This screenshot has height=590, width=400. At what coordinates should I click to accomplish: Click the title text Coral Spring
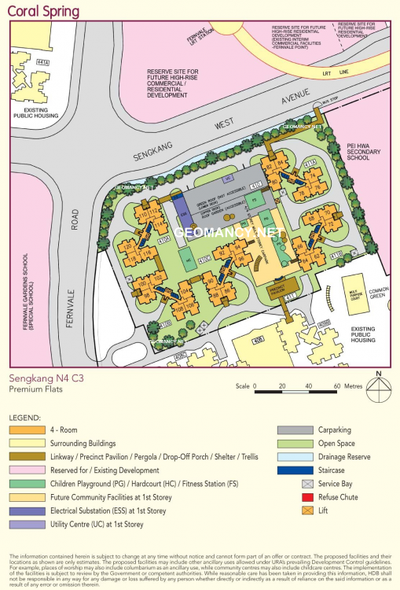pos(44,12)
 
